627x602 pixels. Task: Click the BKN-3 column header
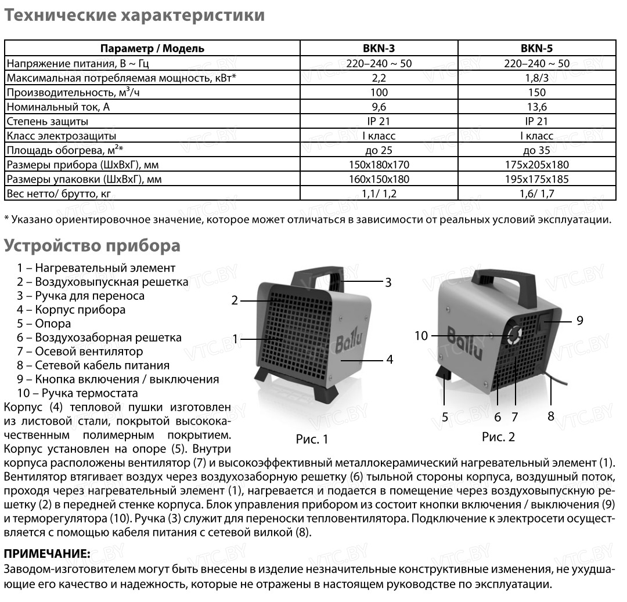tap(379, 49)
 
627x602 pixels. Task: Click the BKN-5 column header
tap(537, 49)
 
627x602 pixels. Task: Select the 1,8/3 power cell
tap(537, 78)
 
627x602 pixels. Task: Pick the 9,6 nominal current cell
tap(379, 107)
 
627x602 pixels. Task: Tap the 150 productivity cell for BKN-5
tap(537, 92)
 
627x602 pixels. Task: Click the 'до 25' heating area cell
tap(379, 150)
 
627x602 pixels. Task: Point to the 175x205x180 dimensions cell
tap(537, 165)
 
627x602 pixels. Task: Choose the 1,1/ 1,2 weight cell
tap(379, 194)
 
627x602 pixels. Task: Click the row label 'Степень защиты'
tap(47, 121)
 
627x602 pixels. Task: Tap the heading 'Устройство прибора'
tap(92, 245)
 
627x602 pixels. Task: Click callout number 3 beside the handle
tap(388, 282)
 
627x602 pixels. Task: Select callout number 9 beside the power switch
tap(579, 320)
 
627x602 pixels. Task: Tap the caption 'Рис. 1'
tap(312, 439)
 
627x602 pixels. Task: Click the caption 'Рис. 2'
tap(498, 437)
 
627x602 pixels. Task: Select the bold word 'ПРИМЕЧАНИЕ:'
tap(47, 554)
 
